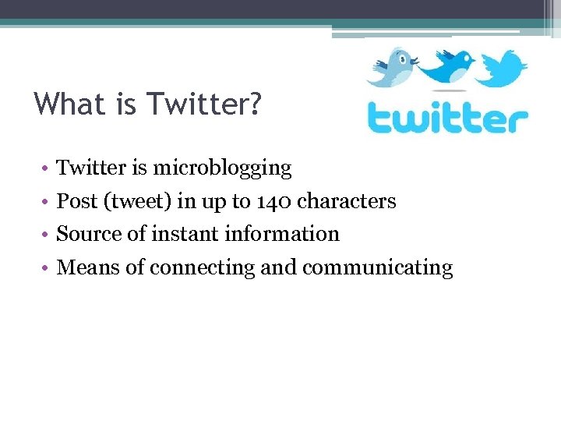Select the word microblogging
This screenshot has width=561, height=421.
tap(222, 168)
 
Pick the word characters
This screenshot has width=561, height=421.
tap(347, 201)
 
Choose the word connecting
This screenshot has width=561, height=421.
tap(202, 268)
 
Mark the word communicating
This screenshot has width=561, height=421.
tap(377, 268)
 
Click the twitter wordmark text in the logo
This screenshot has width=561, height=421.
tap(447, 118)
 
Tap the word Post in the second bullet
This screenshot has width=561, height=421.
tap(77, 201)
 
